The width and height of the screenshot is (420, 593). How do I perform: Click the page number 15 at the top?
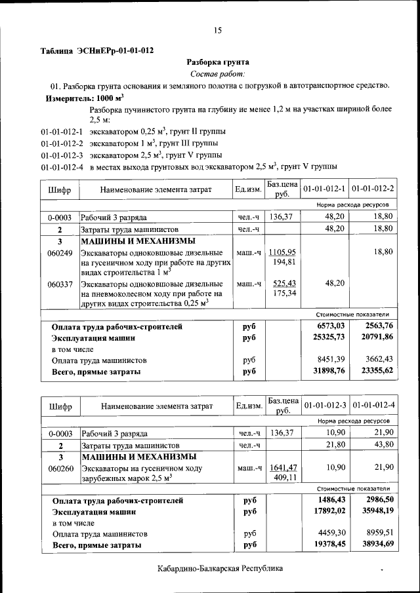point(217,30)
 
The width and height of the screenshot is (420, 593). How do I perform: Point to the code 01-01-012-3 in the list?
point(62,155)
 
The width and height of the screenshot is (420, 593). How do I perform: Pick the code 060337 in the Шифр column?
point(60,284)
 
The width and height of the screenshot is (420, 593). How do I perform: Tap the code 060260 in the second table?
point(60,469)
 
